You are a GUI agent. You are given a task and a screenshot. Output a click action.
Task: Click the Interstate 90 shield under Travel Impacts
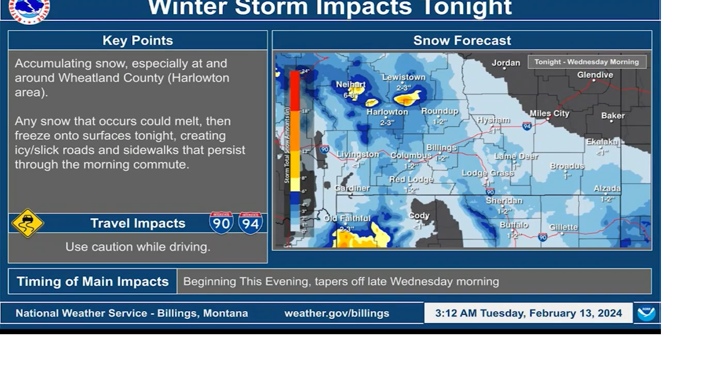coord(221,223)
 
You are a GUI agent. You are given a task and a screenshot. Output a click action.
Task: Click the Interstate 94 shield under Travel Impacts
coord(251,223)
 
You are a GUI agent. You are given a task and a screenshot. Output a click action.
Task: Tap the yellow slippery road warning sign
coord(28,223)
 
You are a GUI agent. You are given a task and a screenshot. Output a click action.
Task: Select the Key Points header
coord(138,40)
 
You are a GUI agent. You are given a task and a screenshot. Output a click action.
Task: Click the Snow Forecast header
coord(462,40)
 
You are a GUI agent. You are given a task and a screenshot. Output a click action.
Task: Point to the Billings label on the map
coord(441,148)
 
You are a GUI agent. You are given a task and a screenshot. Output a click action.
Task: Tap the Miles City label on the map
coord(549,113)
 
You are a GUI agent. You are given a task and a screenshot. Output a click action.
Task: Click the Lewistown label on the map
coord(404,77)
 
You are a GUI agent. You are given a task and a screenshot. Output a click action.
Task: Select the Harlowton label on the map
coord(387,112)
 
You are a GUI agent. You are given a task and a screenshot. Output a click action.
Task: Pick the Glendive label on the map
coord(595,75)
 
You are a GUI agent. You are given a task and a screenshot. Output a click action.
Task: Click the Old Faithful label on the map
coord(347,219)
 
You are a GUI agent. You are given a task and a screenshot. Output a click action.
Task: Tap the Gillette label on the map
coord(563,227)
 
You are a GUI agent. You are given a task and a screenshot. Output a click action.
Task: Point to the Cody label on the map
coord(419,216)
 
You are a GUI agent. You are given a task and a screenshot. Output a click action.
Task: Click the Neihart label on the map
coord(351,84)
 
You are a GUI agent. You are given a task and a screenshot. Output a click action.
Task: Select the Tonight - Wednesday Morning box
coord(587,62)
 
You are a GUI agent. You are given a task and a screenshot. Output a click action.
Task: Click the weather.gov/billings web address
coord(337,313)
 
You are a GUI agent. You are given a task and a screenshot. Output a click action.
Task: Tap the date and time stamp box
coord(528,313)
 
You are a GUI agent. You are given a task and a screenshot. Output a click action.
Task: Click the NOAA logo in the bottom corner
coord(646,313)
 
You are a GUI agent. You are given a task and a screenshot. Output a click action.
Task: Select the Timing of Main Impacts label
coord(93,281)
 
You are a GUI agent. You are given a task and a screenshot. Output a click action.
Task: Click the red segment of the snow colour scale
coord(295,91)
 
